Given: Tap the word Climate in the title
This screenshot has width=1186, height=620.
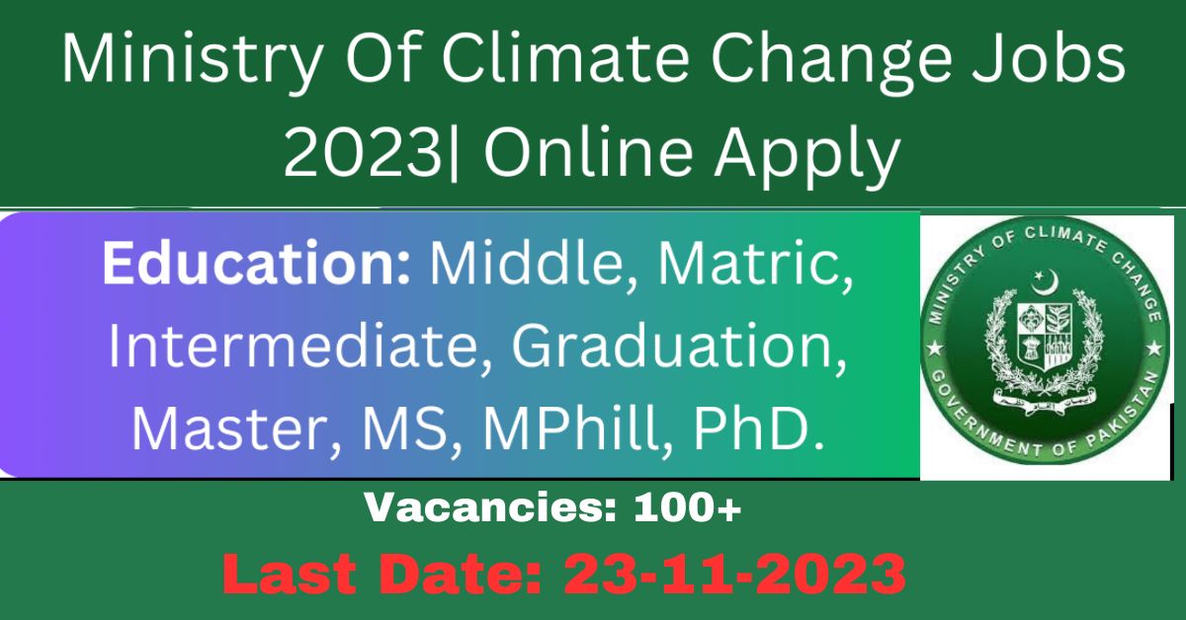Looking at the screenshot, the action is (565, 57).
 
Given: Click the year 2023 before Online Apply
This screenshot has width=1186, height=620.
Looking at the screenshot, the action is (362, 152).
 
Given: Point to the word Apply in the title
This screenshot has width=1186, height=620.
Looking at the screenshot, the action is (806, 156).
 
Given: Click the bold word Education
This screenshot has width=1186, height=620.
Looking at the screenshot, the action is (256, 263).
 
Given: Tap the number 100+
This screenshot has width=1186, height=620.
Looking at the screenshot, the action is (688, 507).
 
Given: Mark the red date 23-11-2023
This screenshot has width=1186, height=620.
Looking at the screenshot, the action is (734, 574).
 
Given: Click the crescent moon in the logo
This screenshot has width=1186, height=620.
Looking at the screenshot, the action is (1044, 282).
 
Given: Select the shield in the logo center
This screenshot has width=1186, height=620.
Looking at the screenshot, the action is (1044, 335).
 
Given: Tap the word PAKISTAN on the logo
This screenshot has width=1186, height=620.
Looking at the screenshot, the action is (1127, 415).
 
